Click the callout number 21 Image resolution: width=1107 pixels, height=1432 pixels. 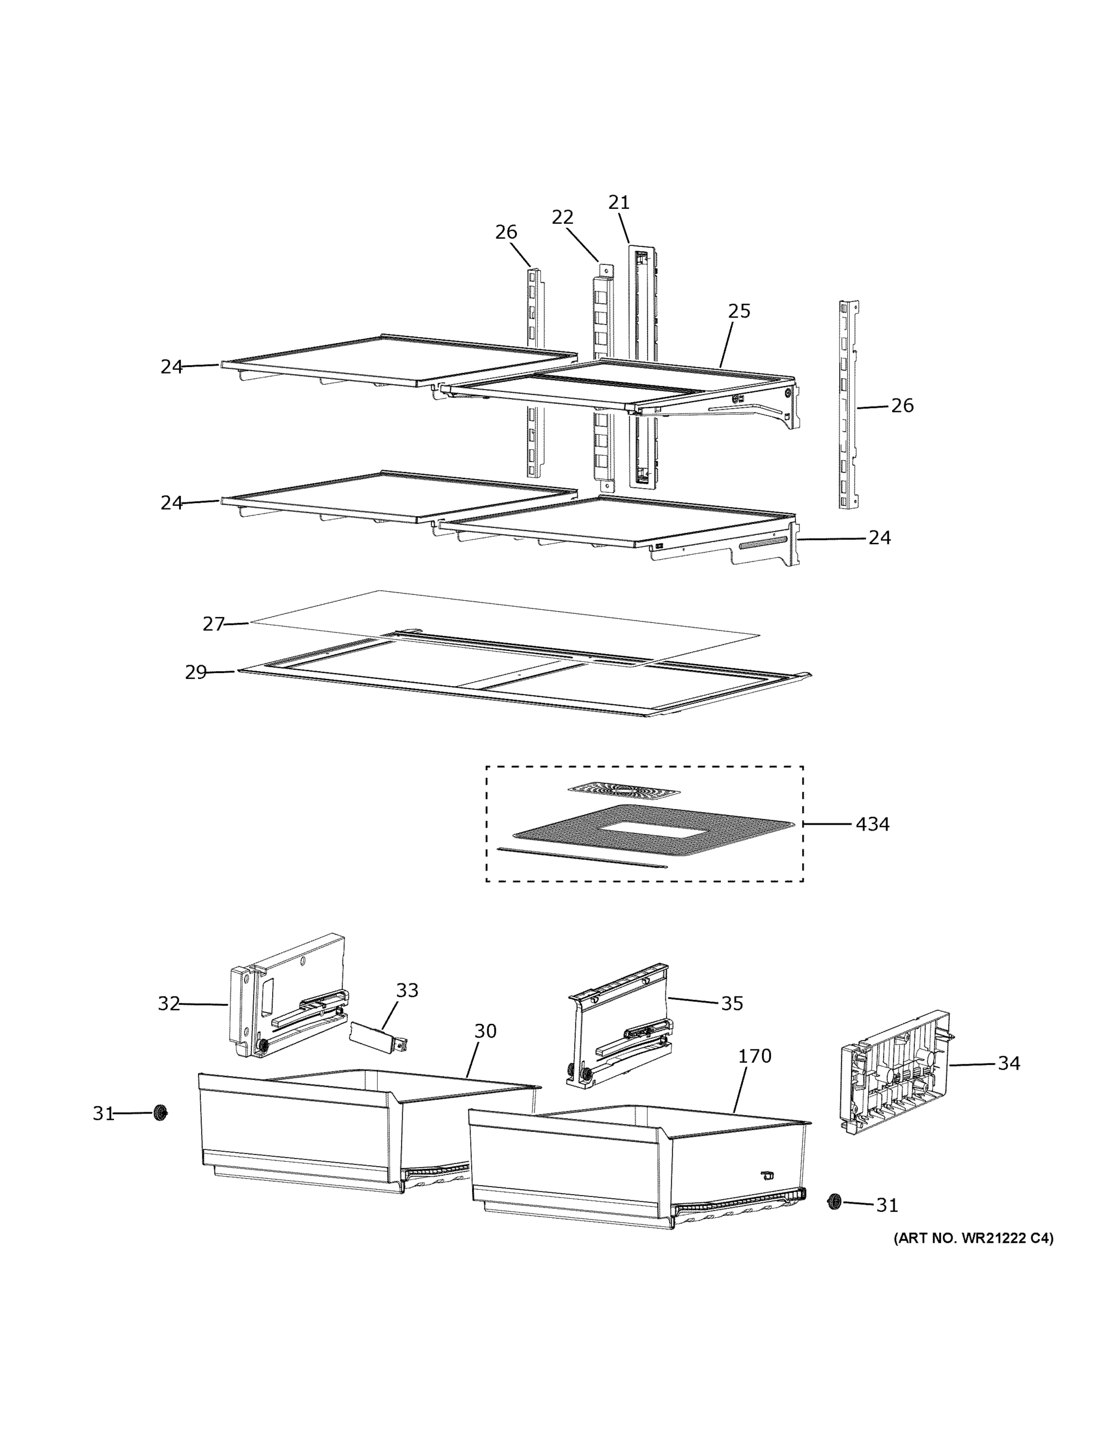[618, 203]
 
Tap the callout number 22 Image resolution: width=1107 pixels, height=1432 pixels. [562, 217]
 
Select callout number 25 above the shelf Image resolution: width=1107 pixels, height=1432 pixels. [738, 311]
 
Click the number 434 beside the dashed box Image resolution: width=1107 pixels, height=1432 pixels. [872, 824]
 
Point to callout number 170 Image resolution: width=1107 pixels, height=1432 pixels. [755, 1056]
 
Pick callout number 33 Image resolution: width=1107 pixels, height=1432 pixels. [406, 990]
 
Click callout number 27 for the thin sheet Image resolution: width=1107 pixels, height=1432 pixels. [214, 624]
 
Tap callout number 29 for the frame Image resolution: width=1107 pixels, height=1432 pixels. [195, 672]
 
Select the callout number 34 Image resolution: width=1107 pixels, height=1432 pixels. [1009, 1063]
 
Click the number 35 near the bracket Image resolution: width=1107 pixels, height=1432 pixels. [732, 1004]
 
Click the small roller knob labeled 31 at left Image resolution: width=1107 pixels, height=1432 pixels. [159, 1113]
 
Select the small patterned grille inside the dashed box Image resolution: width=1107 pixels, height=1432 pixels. [613, 789]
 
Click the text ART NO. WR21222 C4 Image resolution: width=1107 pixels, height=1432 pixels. [973, 1239]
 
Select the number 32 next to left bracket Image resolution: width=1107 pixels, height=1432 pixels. [168, 1003]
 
